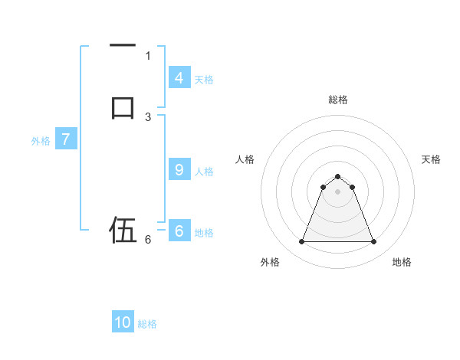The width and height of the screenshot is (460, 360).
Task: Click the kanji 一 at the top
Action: point(123,47)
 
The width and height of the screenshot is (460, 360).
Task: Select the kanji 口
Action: point(123,106)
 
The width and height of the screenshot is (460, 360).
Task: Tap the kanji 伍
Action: point(123,229)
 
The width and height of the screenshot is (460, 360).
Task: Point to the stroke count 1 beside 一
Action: point(148,55)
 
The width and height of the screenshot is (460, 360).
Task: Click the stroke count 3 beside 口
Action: point(148,116)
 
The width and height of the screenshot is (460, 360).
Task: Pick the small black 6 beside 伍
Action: point(148,239)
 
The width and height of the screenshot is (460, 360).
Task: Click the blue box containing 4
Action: point(179,77)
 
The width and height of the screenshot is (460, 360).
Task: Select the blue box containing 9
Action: point(179,170)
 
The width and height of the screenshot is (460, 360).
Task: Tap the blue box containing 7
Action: point(66,139)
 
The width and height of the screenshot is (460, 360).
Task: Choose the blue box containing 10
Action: point(123,322)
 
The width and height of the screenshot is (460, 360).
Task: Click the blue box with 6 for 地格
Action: point(179,231)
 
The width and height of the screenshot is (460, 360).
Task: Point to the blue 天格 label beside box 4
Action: point(204,79)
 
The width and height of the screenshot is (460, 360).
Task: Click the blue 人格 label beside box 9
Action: point(204,172)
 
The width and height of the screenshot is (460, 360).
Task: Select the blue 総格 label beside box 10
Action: point(147,323)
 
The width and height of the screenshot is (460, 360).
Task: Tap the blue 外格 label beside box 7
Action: point(41,141)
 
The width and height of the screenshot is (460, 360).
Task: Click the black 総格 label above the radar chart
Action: point(337,100)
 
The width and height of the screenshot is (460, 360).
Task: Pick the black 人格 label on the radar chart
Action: point(245,159)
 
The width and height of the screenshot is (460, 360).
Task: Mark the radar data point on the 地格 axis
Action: point(373,242)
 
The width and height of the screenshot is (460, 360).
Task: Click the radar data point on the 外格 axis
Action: point(301,242)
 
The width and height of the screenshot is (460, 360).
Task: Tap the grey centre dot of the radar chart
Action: point(337,191)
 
